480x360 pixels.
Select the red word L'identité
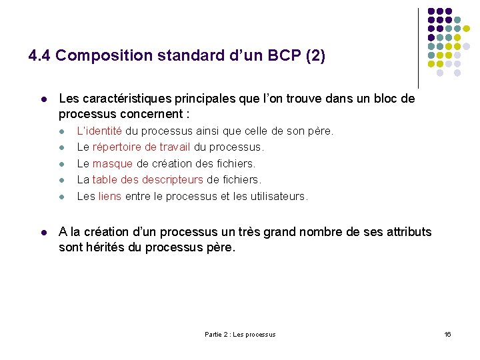(x=99, y=131)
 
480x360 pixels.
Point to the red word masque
(x=113, y=163)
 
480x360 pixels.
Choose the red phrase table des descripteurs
(x=147, y=179)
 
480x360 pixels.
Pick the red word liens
(x=109, y=196)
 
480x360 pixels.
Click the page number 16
(x=447, y=334)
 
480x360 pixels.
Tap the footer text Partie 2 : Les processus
(x=240, y=334)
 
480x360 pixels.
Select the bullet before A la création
(x=43, y=233)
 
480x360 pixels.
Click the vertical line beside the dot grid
(x=418, y=47)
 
